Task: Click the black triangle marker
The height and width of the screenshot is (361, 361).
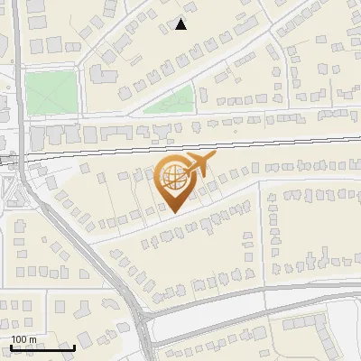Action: (181, 24)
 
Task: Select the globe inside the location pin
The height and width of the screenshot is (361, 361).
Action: (171, 178)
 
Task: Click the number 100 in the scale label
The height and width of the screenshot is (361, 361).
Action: (19, 338)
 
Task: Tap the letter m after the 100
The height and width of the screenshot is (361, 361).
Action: (32, 338)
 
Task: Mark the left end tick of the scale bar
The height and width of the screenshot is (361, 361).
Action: (11, 346)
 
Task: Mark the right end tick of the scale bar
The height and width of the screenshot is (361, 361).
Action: (74, 346)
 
